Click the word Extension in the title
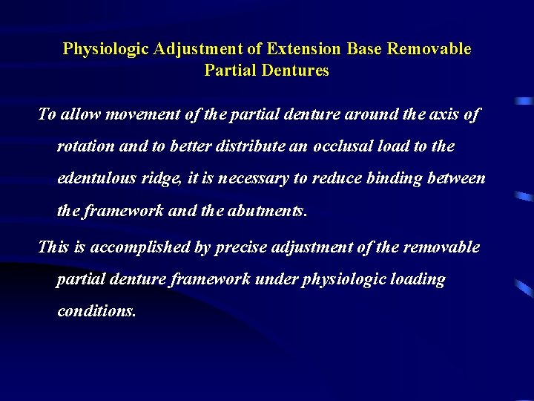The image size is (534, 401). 304,49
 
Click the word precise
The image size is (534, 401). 241,247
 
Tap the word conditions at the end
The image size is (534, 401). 96,311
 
